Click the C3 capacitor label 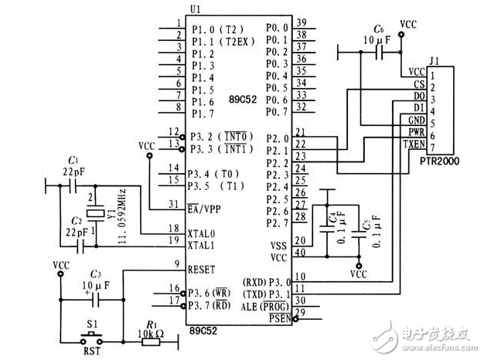pos(96,274)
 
